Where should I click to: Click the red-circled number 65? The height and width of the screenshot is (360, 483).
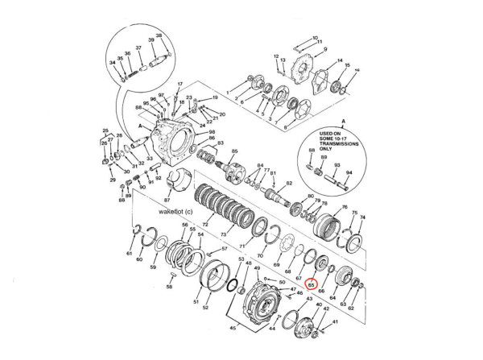tap(312, 284)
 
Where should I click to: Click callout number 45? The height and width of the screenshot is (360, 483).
tap(234, 329)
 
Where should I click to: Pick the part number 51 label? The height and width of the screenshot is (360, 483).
tap(196, 302)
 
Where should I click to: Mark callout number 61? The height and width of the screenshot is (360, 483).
tap(130, 253)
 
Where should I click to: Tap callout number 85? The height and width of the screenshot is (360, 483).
tap(234, 151)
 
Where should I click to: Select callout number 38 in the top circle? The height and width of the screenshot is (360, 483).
tap(159, 35)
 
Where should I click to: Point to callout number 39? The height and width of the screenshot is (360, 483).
tap(151, 41)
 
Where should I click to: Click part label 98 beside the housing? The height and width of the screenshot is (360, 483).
tap(212, 131)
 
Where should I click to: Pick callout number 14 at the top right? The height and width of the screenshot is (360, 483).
tap(340, 61)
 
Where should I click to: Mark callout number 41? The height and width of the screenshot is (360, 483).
tap(336, 321)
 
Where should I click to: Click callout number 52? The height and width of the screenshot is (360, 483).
tap(205, 308)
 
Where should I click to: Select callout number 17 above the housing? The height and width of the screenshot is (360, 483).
tap(180, 84)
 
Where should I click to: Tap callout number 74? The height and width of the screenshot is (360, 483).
tap(363, 218)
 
